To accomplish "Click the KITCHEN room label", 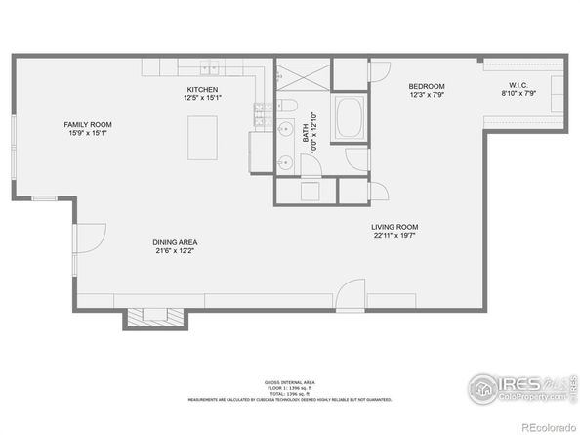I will (203, 89).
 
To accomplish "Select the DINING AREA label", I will (176, 242).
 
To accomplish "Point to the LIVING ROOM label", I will (394, 228).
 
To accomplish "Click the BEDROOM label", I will (427, 86).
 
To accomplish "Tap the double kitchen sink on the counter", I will (210, 67).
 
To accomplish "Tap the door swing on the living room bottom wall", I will (351, 293).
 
